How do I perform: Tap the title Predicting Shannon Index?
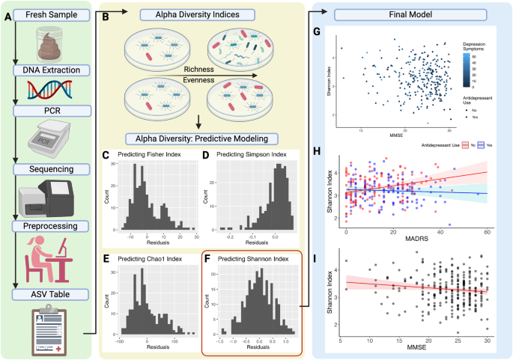tap(252, 259)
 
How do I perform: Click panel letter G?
tap(318, 33)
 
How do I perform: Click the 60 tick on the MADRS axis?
tap(488, 233)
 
